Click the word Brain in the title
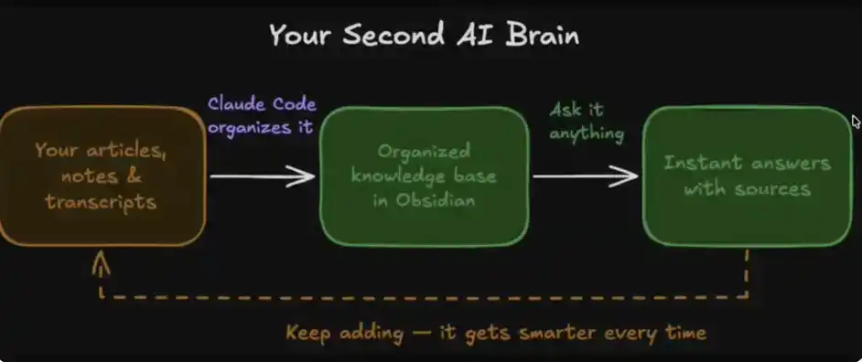click(x=542, y=37)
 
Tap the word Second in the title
click(x=393, y=37)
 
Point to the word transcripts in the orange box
click(x=101, y=202)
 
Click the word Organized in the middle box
click(x=424, y=151)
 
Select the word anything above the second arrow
click(x=587, y=133)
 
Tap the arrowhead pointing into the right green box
click(x=627, y=176)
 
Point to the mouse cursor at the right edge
click(x=857, y=122)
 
